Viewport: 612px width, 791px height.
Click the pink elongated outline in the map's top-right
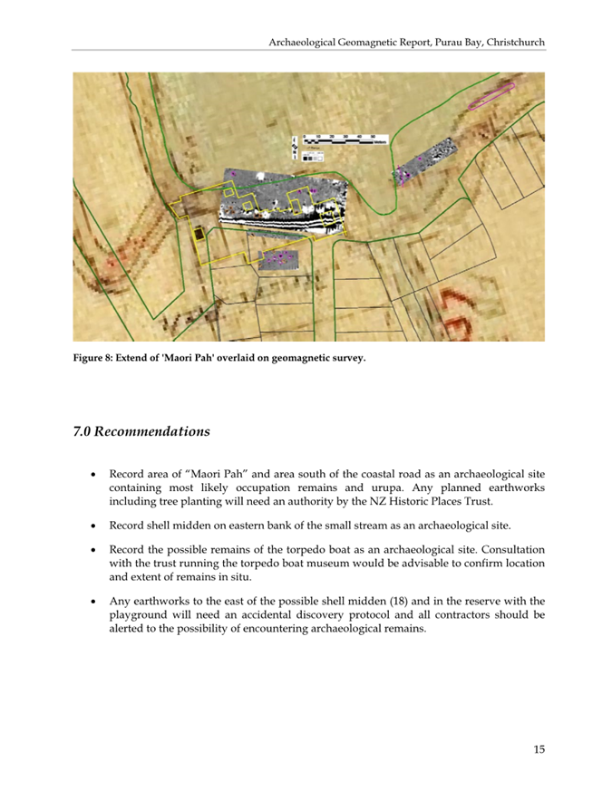click(490, 96)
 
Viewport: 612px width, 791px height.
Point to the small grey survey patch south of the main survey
click(279, 260)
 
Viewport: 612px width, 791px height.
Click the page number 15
click(539, 748)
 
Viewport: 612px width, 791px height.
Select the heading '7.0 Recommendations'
click(141, 431)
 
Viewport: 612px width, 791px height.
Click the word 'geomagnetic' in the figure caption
click(296, 359)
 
